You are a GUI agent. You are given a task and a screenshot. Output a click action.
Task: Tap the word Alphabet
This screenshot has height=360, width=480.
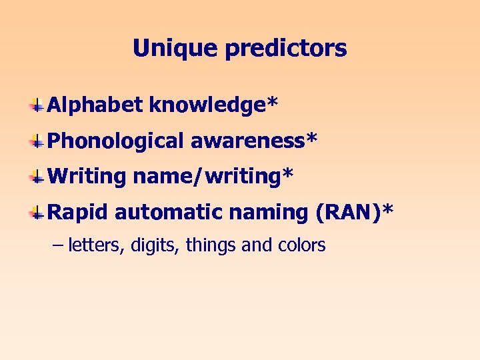pos(95,105)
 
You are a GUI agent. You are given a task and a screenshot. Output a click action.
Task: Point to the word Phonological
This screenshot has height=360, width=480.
pos(115,141)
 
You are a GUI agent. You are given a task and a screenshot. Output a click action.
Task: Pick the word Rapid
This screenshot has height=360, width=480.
pos(78,213)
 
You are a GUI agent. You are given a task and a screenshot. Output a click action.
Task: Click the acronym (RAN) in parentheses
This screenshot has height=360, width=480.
pos(349,212)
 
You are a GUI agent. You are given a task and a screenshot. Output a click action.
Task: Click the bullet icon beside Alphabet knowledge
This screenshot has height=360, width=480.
pos(38,105)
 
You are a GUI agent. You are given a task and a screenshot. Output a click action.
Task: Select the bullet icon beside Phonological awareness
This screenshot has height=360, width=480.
pos(38,141)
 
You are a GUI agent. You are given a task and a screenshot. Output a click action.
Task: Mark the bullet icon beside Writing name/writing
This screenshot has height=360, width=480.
pos(38,177)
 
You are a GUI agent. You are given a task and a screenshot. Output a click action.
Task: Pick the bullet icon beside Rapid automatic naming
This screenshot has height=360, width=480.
pos(38,213)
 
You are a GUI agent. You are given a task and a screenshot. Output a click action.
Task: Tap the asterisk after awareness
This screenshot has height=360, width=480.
pos(311,138)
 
